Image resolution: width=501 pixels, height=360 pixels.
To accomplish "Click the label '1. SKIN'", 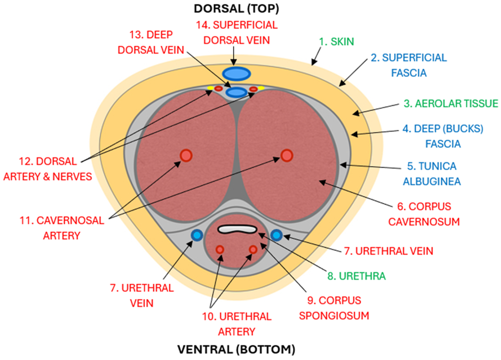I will [337, 42].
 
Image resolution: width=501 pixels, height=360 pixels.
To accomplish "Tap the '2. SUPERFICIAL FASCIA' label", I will [408, 65].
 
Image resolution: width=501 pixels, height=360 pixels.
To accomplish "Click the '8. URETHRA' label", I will [356, 276].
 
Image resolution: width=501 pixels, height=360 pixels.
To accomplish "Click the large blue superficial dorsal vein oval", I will [236, 73].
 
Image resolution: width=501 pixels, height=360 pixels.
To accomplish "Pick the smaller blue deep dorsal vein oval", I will [236, 93].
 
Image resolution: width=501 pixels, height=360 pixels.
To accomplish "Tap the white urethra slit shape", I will [238, 229].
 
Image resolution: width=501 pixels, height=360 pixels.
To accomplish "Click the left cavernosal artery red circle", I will [186, 155].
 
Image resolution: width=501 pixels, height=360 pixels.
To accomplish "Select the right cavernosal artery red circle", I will [287, 155].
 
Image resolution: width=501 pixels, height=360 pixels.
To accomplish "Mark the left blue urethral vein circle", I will [196, 235].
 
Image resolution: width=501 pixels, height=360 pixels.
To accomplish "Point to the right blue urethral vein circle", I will [277, 235].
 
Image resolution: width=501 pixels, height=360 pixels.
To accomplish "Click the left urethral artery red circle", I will [220, 250].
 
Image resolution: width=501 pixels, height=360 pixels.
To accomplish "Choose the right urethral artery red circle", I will [253, 250].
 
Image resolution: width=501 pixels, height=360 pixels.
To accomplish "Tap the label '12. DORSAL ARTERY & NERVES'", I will [48, 169].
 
